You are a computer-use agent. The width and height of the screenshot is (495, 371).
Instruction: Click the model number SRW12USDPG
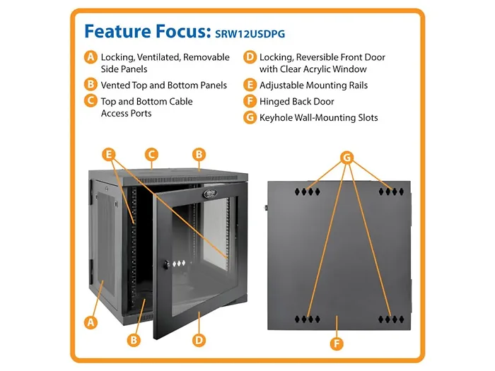[x=250, y=34]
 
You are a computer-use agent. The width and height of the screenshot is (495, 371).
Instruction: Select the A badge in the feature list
[x=91, y=57]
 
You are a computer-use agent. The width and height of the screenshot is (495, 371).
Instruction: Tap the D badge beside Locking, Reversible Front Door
[x=250, y=57]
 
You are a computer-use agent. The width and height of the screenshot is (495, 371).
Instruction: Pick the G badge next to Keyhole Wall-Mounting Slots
[x=250, y=117]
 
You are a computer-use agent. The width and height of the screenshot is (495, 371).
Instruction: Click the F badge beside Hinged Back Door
[x=250, y=101]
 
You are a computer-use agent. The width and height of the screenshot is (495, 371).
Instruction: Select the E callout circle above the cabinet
[x=109, y=154]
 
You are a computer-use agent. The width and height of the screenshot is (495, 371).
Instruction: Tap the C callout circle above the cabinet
[x=151, y=155]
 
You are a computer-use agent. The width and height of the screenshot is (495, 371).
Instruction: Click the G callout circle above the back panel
[x=346, y=158]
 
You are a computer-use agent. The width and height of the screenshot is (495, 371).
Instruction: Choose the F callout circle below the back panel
[x=337, y=343]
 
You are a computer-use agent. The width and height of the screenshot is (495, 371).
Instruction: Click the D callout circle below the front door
[x=199, y=340]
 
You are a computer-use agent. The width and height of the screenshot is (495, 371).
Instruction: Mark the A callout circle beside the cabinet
[x=91, y=322]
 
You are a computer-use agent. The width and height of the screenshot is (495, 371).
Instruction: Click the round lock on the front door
[x=166, y=264]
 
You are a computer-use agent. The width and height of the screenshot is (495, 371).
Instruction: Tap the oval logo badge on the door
[x=211, y=193]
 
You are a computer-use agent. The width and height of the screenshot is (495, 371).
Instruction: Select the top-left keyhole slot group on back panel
[x=307, y=192]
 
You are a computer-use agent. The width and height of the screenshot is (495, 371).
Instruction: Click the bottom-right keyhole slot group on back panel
[x=391, y=319]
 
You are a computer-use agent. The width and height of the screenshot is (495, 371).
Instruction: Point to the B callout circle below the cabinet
[x=134, y=340]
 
